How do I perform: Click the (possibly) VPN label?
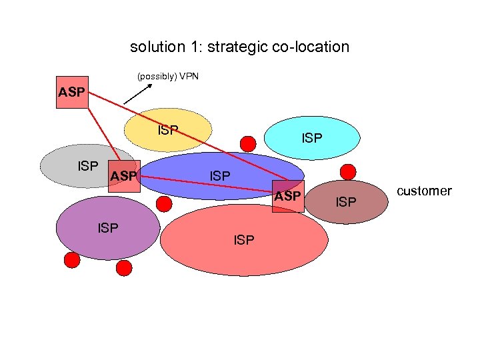pos(168,77)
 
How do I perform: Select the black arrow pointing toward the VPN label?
pos(137,94)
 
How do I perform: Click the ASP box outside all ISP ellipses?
pos(72,92)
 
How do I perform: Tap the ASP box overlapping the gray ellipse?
pos(123,176)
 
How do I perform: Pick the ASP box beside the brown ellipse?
pos(288,196)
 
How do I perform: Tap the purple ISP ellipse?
pos(107,228)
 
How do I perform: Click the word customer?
pos(424,191)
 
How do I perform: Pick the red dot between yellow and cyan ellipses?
pos(248,143)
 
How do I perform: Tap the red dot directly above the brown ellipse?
pos(347,170)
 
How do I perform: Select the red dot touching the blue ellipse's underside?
pos(163,204)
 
